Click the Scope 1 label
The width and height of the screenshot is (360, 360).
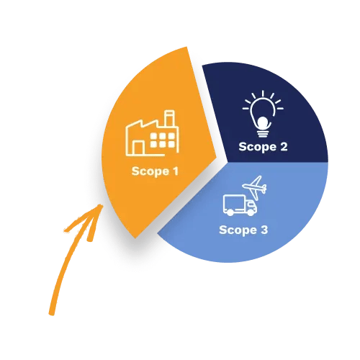[155, 171]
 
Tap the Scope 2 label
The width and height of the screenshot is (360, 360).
[263, 147]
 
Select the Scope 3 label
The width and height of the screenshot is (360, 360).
[243, 230]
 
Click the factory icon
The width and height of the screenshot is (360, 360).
[152, 133]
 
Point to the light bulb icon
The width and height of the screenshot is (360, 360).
[263, 114]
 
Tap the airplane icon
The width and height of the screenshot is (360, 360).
[254, 188]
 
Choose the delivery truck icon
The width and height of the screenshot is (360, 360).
[240, 205]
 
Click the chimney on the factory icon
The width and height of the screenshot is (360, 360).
[169, 118]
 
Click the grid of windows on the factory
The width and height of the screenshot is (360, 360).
[163, 140]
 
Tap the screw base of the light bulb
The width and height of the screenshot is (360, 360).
[263, 134]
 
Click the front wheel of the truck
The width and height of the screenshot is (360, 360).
[251, 212]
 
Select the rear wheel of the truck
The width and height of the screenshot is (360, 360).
[230, 212]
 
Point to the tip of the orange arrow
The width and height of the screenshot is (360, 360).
[102, 205]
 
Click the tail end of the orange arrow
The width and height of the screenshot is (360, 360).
[52, 313]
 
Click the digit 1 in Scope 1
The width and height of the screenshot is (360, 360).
[176, 171]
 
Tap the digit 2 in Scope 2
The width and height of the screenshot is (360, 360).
[284, 146]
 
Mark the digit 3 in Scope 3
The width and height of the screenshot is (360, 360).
[264, 230]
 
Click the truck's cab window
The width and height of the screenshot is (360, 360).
[251, 204]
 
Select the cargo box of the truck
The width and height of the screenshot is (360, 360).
[234, 204]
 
